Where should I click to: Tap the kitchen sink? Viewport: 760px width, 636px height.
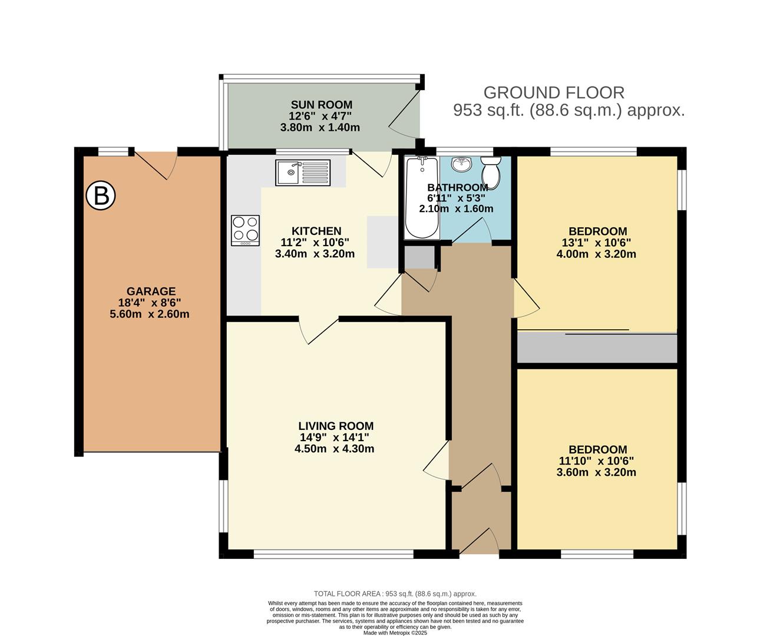(x=303, y=173)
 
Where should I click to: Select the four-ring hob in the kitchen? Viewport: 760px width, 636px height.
(x=245, y=230)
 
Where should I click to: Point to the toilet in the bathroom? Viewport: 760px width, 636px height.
(x=491, y=173)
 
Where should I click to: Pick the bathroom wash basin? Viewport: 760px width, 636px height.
(x=462, y=164)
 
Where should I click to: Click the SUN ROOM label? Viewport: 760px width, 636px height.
(x=322, y=104)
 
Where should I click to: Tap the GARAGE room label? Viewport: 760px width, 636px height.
(x=151, y=291)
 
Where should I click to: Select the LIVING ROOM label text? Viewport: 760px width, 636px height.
(x=336, y=426)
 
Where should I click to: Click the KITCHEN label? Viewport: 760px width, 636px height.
(x=316, y=231)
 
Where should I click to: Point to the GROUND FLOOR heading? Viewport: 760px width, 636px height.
(x=554, y=93)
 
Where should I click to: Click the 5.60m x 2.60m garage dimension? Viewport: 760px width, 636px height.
(x=150, y=314)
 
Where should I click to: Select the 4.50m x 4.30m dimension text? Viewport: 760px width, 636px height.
(x=335, y=449)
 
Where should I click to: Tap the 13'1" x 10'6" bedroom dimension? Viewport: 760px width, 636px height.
(x=597, y=242)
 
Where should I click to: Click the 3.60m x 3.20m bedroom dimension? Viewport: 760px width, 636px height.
(x=596, y=472)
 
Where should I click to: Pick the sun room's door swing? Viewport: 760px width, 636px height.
(x=404, y=114)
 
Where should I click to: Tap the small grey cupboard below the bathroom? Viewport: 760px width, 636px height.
(x=419, y=257)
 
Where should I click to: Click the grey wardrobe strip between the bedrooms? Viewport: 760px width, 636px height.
(x=597, y=348)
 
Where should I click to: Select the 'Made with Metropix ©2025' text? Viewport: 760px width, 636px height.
(x=395, y=632)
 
